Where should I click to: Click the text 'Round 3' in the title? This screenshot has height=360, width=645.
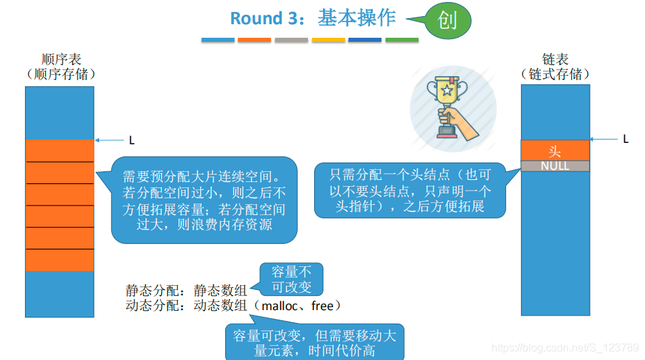pos(264,18)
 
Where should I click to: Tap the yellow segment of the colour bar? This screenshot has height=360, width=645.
pos(328,40)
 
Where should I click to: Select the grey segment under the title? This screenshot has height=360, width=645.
pos(291,40)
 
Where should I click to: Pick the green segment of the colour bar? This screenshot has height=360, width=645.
pos(402,40)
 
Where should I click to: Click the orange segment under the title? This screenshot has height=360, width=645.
pos(254,40)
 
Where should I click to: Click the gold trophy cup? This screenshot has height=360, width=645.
pos(447,91)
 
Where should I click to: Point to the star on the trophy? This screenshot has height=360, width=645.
pos(447,90)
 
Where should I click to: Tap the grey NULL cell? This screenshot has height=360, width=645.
pos(555,166)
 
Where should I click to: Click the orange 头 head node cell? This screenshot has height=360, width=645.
pos(555,150)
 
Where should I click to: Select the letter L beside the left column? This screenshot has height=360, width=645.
pos(131,140)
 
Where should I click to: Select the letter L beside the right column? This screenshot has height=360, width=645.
pos(625,139)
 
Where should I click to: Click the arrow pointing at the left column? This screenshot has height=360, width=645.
pos(109,140)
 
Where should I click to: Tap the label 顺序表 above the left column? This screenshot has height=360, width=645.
pos(61,59)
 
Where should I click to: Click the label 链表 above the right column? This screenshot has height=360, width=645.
pos(555,59)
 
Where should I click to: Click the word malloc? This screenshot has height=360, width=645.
pos(280,306)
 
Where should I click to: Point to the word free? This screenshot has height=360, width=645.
pos(322,306)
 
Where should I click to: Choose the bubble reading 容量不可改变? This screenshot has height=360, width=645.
pos(291,279)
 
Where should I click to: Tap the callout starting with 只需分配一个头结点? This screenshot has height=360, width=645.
pos(410,190)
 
